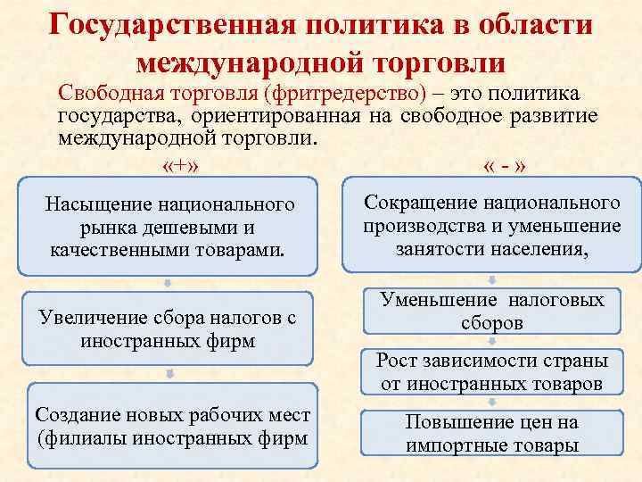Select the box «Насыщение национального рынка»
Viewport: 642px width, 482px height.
coord(169,228)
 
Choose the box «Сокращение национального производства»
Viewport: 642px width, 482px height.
coord(491,225)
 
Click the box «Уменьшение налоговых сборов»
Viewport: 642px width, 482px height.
coord(491,312)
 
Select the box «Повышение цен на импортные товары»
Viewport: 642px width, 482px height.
coord(491,433)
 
